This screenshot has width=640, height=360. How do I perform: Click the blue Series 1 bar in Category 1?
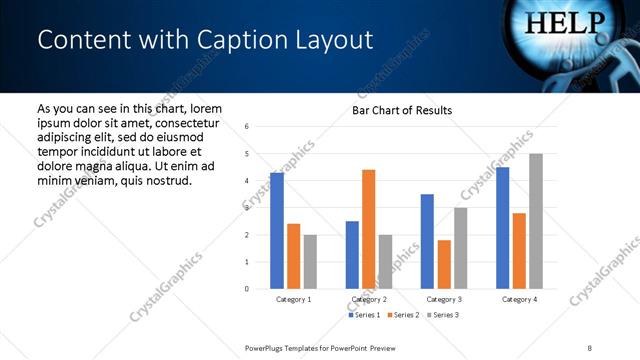point(277,231)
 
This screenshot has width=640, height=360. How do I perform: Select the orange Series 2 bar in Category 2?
point(368,229)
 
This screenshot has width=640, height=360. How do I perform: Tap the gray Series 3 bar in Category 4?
point(536,221)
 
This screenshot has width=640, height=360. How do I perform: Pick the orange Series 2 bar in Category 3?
point(444,264)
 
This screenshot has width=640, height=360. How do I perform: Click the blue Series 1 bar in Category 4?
point(503,228)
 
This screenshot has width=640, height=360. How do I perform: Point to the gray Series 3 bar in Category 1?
point(310,262)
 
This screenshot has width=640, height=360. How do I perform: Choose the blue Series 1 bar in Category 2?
point(352,255)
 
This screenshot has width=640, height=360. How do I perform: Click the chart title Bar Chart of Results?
point(402,110)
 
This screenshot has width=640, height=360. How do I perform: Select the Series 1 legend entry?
point(364,315)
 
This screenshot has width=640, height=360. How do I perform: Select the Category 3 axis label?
point(444,299)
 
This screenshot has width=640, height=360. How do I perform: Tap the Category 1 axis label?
point(294,299)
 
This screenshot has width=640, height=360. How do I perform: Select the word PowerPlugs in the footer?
point(267,347)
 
